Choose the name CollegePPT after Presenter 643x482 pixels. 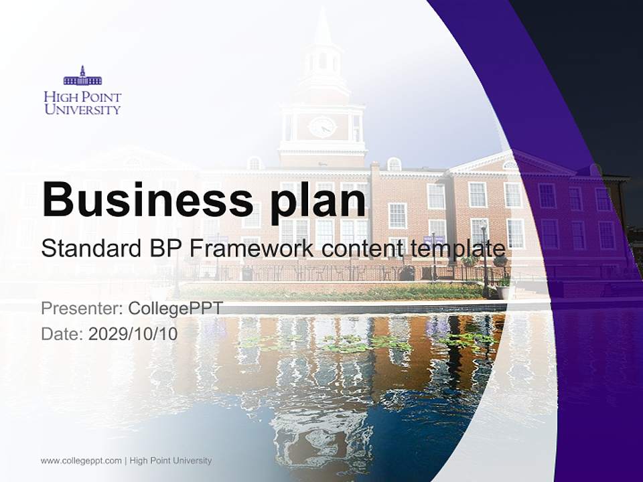tap(175, 309)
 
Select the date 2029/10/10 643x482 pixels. tap(133, 333)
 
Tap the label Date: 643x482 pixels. tap(62, 333)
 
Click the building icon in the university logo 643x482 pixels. tap(82, 76)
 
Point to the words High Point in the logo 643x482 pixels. tap(82, 96)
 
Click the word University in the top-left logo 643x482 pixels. tap(82, 108)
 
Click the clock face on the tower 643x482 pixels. tap(322, 127)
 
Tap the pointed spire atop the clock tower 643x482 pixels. tap(323, 27)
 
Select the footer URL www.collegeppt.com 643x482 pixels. tap(81, 461)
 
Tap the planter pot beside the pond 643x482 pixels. tap(503, 291)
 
